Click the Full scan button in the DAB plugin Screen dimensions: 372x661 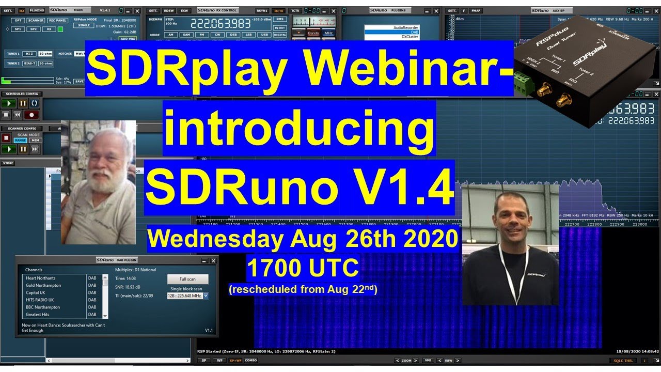click(x=187, y=279)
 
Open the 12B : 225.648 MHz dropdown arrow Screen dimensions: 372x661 click(x=206, y=296)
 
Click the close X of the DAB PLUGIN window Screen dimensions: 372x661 click(x=213, y=261)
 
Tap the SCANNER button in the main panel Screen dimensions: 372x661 click(x=36, y=21)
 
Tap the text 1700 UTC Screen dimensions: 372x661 click(x=303, y=268)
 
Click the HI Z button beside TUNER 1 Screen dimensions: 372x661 click(x=29, y=54)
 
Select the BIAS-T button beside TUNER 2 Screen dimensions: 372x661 click(x=29, y=64)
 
